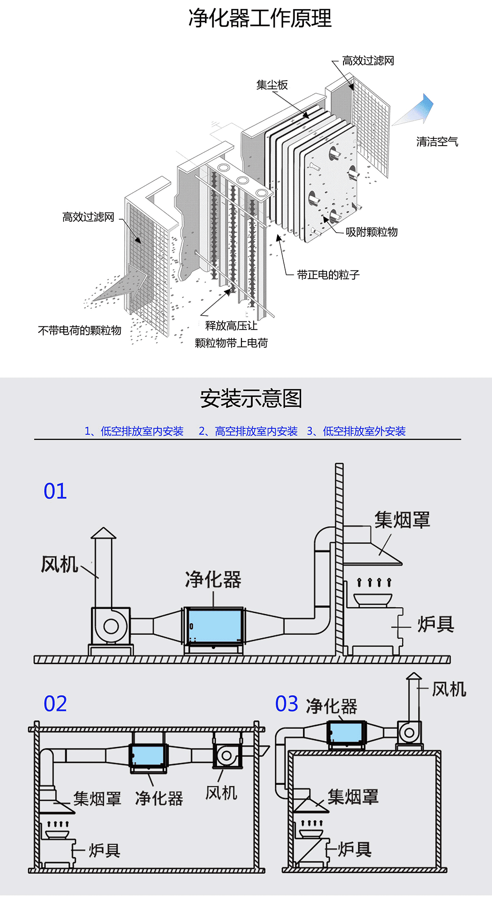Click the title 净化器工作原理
[260, 19]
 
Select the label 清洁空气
[437, 142]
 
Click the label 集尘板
[272, 85]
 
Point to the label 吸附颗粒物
[371, 232]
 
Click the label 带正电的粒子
[328, 275]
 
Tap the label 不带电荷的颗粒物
[80, 331]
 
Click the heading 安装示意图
[251, 399]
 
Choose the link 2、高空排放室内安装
[248, 431]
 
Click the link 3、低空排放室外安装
[356, 431]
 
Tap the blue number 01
[55, 492]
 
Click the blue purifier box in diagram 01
[214, 626]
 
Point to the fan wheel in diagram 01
[111, 626]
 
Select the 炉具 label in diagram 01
[436, 624]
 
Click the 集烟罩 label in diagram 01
[402, 520]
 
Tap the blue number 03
[287, 704]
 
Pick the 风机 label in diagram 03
[449, 689]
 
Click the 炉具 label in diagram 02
[104, 850]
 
